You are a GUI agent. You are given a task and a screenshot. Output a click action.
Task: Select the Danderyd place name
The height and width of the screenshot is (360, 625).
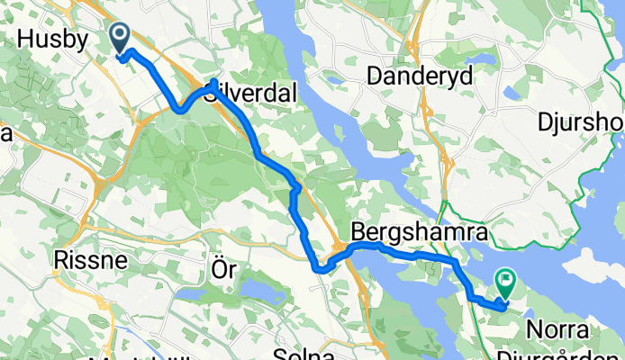[419, 77]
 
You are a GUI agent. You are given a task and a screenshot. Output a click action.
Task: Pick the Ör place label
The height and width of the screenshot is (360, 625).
[222, 270]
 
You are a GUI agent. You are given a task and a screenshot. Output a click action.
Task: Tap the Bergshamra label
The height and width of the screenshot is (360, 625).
[419, 231]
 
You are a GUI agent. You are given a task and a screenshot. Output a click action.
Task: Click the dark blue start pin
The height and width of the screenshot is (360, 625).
[121, 37]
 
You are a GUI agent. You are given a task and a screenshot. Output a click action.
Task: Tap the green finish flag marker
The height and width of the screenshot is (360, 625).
[505, 285]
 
